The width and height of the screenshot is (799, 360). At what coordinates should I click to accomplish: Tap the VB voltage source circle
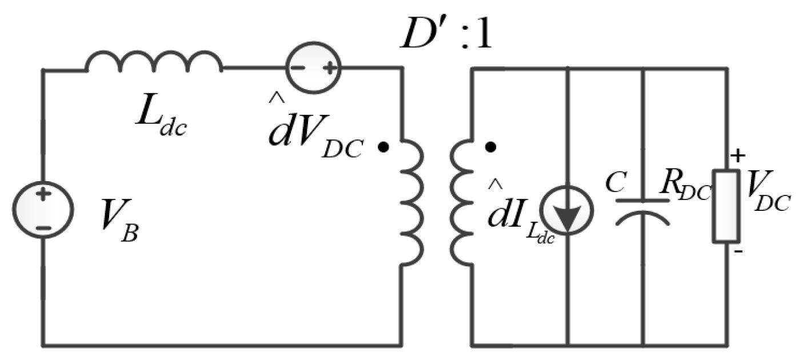pos(43,209)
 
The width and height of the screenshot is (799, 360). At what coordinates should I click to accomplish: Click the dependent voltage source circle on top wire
pos(312,67)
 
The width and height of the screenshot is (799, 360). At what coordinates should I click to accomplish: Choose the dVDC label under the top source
pos(314,135)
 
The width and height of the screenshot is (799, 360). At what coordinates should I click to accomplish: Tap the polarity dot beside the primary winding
pos(384,147)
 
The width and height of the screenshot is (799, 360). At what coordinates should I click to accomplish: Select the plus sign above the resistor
pos(738,156)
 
